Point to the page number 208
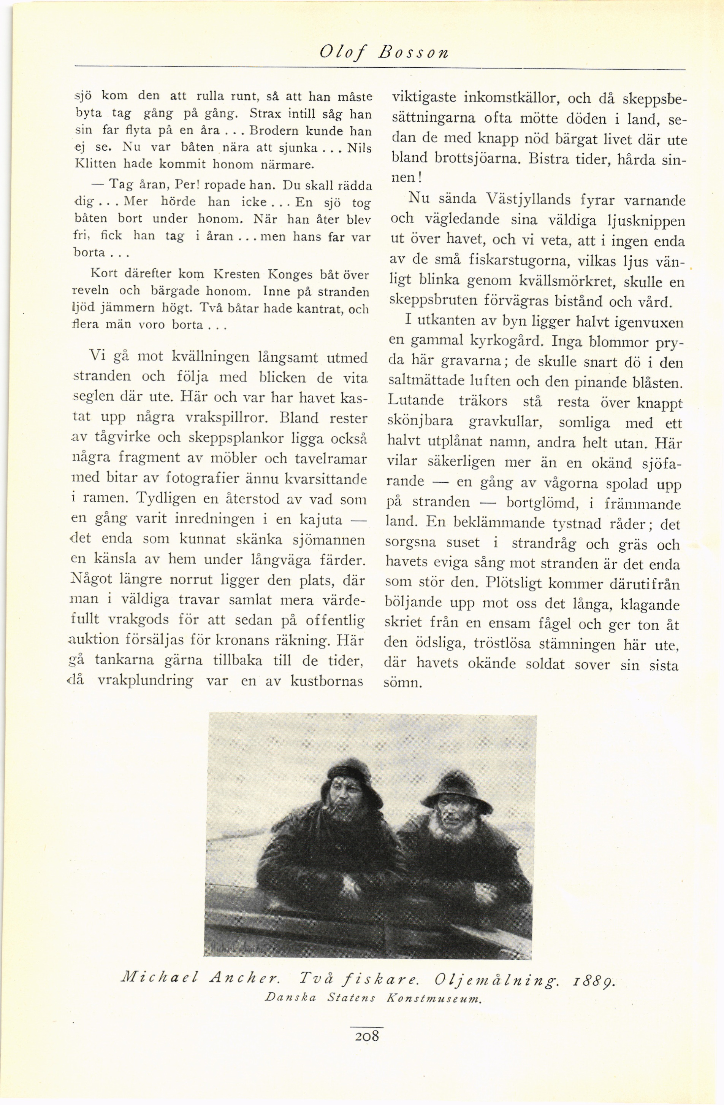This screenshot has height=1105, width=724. pos(366,1034)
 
